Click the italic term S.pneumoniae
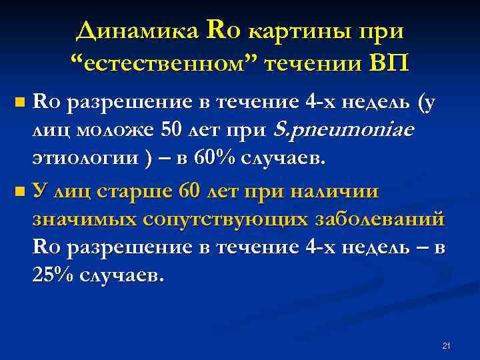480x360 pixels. tap(344, 131)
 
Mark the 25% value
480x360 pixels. tap(53, 275)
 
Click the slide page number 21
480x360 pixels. tap(447, 345)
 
